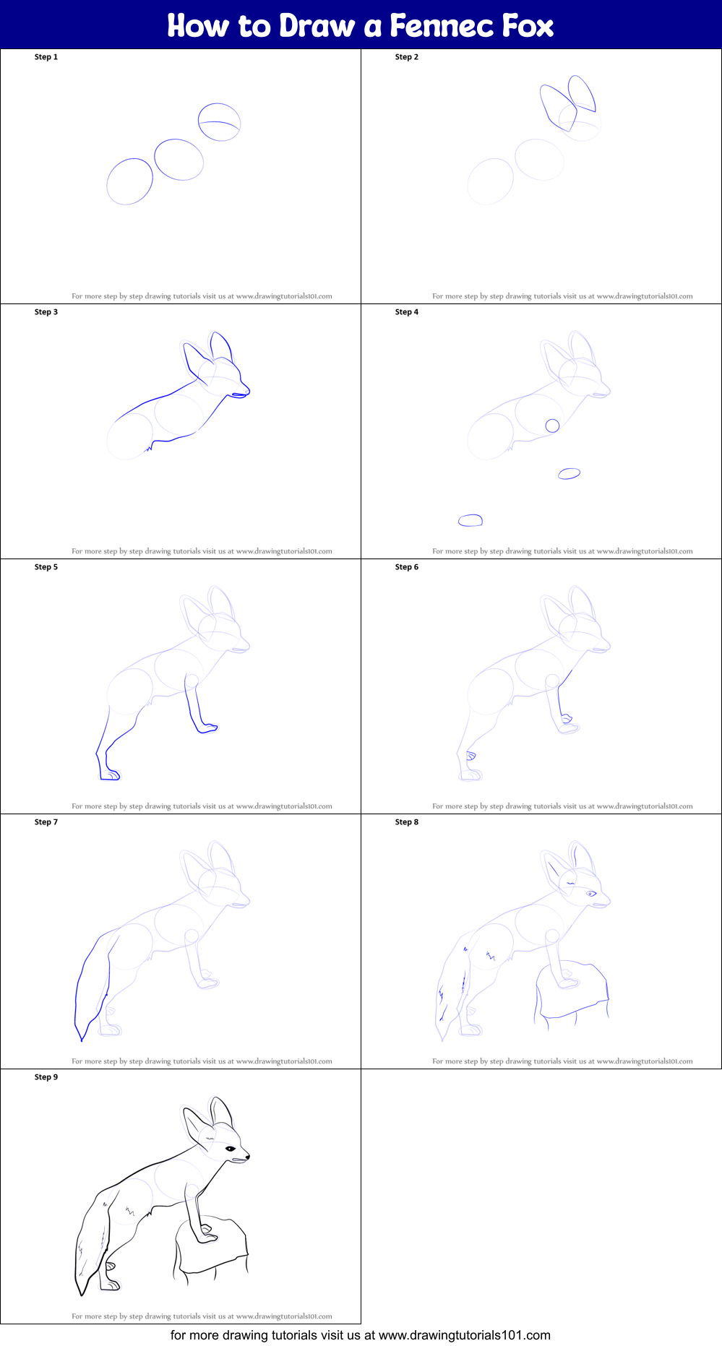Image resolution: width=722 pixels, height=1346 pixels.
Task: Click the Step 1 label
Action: (x=46, y=57)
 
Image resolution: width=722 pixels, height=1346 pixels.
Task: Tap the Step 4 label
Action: (x=407, y=312)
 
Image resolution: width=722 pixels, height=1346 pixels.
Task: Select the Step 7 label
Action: (x=46, y=822)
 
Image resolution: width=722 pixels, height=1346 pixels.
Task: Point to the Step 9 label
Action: (x=46, y=1077)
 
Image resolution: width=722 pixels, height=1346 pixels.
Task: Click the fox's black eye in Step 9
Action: (x=231, y=1149)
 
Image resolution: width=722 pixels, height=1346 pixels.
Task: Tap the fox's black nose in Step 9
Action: (x=248, y=1156)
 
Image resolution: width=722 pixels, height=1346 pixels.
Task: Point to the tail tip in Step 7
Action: (x=82, y=1040)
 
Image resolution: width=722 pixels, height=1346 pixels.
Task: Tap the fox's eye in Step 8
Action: (x=591, y=894)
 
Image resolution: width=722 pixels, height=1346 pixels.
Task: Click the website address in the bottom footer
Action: (x=465, y=1335)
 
